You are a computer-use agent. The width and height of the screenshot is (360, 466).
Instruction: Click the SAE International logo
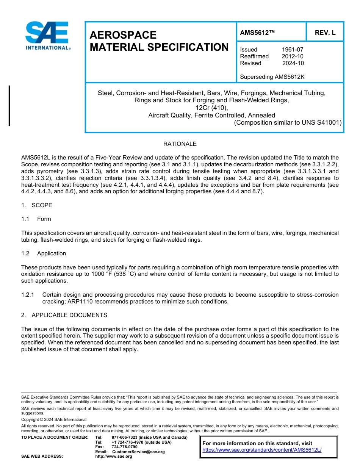(47, 36)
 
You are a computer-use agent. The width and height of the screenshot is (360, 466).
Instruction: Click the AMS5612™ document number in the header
(257, 33)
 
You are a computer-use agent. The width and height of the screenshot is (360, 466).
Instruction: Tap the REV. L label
(325, 33)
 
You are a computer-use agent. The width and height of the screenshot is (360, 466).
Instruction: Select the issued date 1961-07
(292, 50)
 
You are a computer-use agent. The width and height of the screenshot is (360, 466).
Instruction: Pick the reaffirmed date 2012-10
(292, 56)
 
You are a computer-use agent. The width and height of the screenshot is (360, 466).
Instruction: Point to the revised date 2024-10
(293, 63)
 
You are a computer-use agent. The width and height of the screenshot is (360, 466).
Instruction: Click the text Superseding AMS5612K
(272, 77)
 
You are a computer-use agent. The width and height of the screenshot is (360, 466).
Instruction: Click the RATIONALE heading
(180, 144)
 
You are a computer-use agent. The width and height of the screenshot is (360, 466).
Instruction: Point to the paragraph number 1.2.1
(28, 295)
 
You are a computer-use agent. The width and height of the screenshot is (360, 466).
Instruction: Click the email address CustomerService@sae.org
(138, 452)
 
